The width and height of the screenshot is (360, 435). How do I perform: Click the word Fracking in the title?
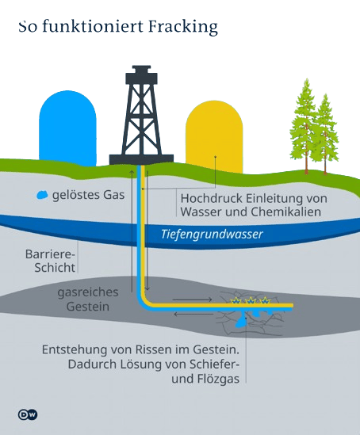click(x=182, y=27)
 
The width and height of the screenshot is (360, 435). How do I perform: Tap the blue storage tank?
click(x=67, y=128)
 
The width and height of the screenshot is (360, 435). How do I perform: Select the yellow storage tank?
click(x=214, y=137)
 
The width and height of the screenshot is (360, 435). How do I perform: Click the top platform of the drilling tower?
click(x=141, y=75)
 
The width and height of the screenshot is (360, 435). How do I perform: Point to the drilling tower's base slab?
click(x=141, y=159)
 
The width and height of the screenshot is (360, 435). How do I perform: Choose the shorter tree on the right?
click(x=325, y=135)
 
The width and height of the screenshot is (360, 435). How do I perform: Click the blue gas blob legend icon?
click(x=42, y=195)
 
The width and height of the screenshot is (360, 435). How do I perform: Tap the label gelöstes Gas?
click(x=88, y=195)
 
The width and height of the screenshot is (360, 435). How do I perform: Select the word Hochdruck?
click(x=212, y=198)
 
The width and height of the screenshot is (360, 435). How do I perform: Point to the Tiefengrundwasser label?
click(x=212, y=235)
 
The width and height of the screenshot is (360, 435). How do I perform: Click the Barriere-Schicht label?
click(x=51, y=261)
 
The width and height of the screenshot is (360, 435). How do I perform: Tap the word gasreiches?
click(x=88, y=292)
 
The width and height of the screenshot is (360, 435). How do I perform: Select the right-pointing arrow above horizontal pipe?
click(x=193, y=300)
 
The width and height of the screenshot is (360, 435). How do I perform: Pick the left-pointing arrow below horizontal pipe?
click(x=193, y=315)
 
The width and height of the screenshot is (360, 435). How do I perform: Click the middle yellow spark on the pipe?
click(x=251, y=300)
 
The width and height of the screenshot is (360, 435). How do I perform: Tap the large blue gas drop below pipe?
click(x=241, y=322)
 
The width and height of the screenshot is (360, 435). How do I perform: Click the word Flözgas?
click(x=218, y=379)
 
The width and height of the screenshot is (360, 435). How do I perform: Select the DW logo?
click(x=28, y=414)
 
